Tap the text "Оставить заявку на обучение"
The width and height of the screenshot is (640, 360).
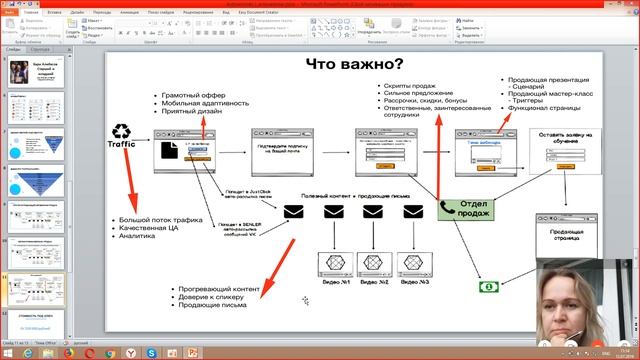click(565, 138)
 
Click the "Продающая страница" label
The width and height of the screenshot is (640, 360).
click(565, 236)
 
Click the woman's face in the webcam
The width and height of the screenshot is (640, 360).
click(563, 299)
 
